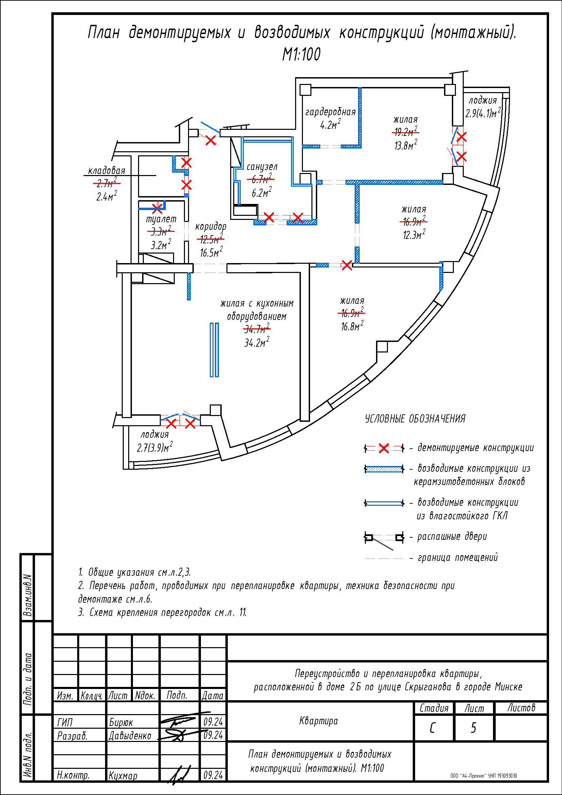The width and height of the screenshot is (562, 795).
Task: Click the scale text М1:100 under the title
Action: click(x=301, y=54)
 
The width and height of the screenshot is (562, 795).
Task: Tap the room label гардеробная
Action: click(x=330, y=112)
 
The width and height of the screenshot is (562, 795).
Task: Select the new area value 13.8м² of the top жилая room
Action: click(x=406, y=145)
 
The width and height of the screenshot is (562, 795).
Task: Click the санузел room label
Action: click(x=262, y=167)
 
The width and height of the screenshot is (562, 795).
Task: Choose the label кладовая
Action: click(x=107, y=170)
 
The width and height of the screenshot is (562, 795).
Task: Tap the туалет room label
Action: click(x=161, y=219)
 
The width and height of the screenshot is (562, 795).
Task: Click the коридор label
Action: click(x=210, y=226)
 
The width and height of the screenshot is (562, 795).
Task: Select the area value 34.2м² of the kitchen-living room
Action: click(x=257, y=343)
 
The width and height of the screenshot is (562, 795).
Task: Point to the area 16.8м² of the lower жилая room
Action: click(x=352, y=326)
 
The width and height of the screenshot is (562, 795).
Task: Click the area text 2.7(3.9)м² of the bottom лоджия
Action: click(x=155, y=448)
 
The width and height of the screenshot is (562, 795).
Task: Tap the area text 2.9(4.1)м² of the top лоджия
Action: click(x=483, y=113)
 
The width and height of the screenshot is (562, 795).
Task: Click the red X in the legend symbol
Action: click(x=384, y=448)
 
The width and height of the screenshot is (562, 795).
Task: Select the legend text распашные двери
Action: click(x=452, y=537)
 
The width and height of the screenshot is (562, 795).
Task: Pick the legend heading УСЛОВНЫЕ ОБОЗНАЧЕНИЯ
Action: click(x=415, y=419)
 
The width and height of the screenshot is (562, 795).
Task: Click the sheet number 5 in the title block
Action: click(x=473, y=728)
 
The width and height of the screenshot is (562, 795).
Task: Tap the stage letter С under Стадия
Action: click(x=433, y=728)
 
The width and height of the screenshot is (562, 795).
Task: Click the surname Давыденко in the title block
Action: click(x=130, y=736)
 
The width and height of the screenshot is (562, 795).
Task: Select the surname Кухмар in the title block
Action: click(x=123, y=776)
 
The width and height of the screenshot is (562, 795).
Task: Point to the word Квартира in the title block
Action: click(x=318, y=721)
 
